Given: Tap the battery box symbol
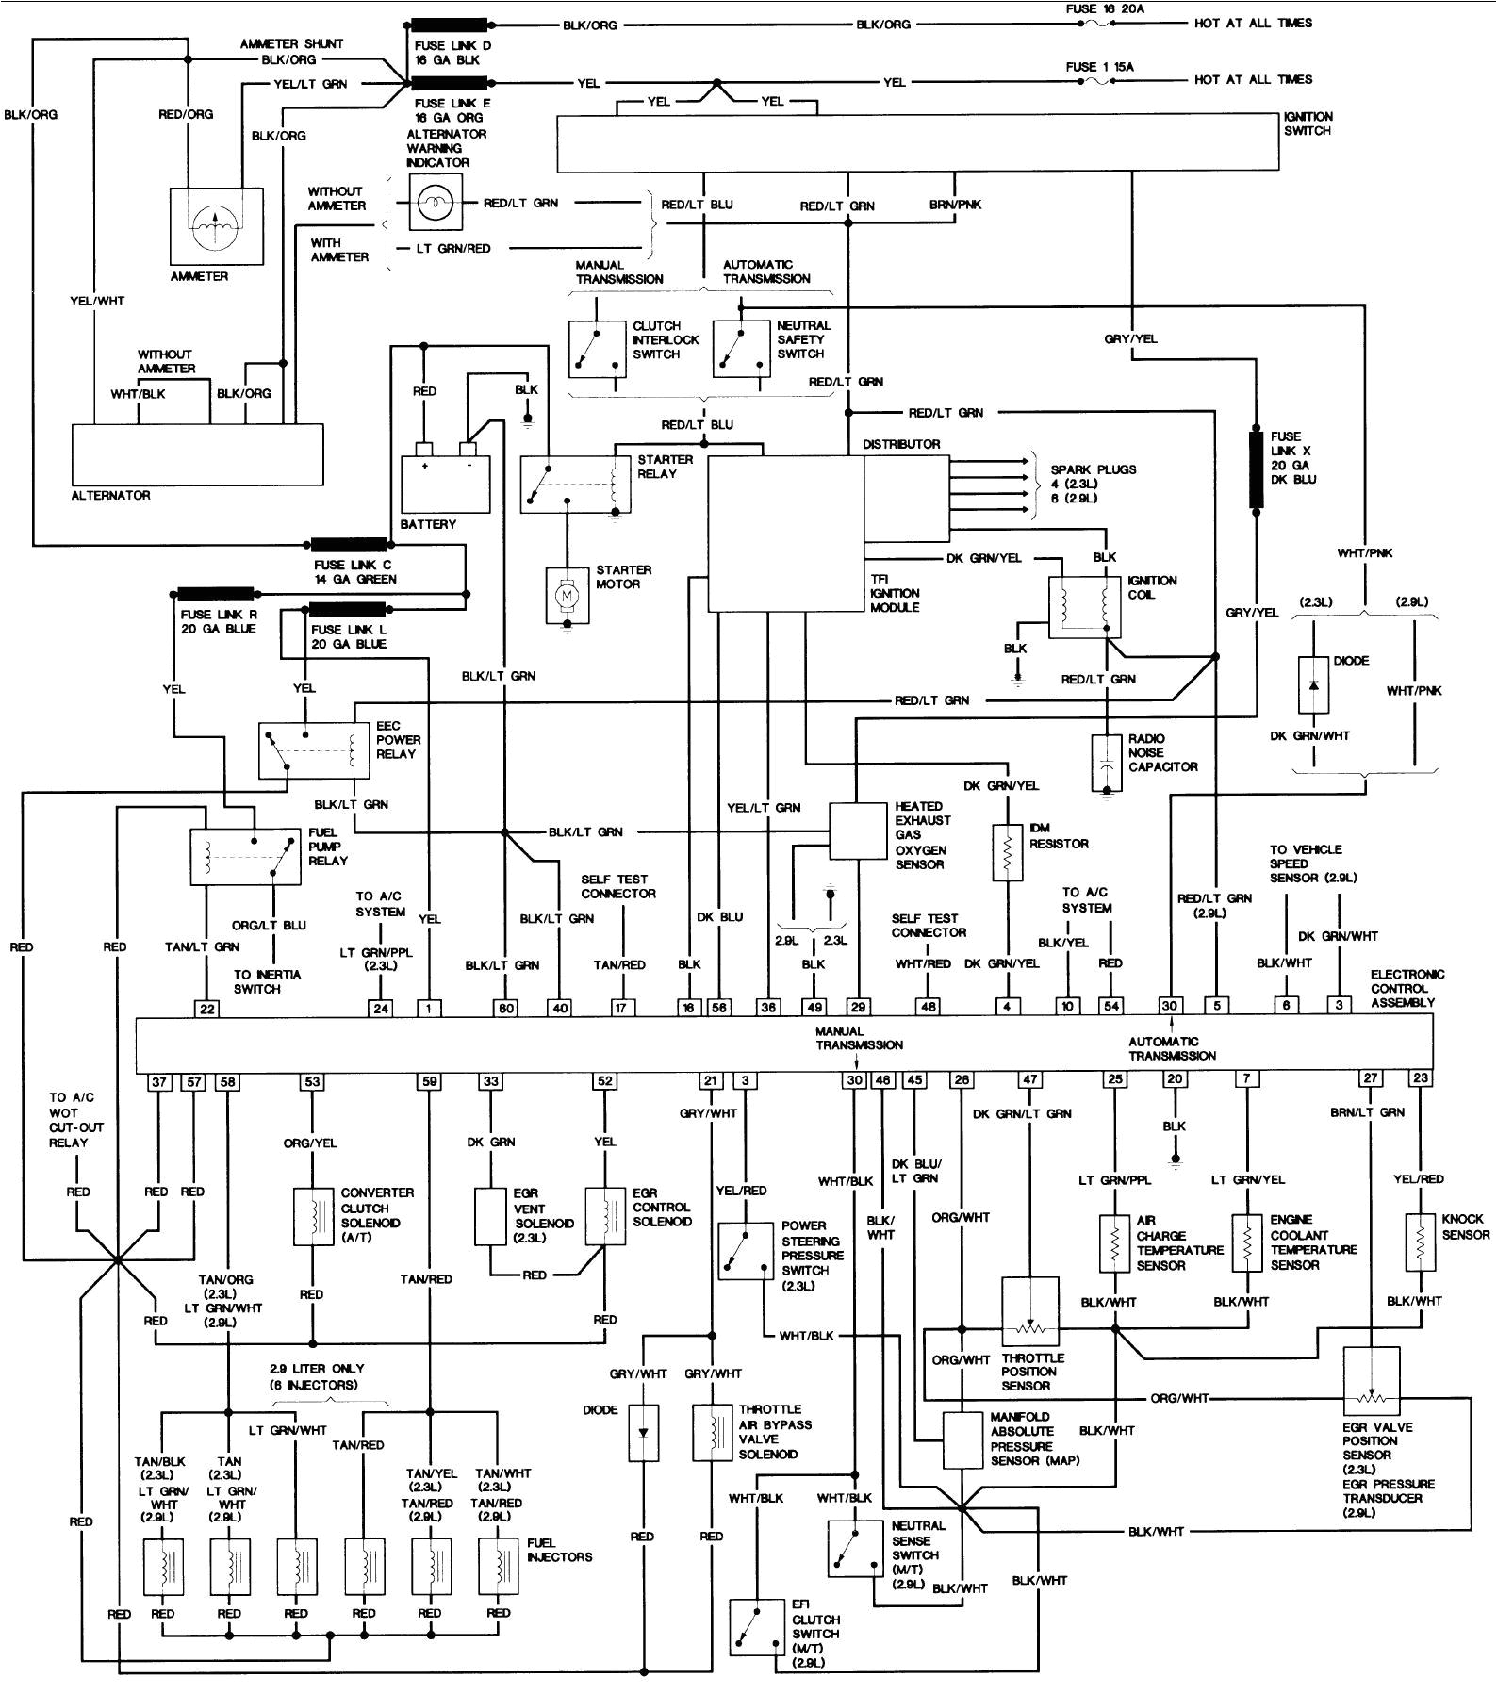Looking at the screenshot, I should click(x=446, y=483).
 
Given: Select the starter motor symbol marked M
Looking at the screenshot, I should click(x=567, y=596).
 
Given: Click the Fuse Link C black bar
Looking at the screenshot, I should click(x=349, y=544).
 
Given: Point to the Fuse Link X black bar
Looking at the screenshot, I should click(x=1256, y=470).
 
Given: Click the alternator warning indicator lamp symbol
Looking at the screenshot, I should click(x=436, y=201).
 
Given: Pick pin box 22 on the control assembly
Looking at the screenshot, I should click(x=206, y=1008).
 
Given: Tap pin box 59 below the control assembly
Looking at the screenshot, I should click(x=429, y=1082).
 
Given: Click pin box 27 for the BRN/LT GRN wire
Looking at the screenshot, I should click(x=1371, y=1078).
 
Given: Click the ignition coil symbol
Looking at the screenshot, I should click(x=1085, y=608).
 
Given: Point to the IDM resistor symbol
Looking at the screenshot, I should click(x=1009, y=852).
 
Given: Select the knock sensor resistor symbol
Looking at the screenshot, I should click(x=1420, y=1242).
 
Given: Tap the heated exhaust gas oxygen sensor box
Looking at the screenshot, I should click(x=858, y=831).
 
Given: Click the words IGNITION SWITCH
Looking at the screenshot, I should click(x=1308, y=123).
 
